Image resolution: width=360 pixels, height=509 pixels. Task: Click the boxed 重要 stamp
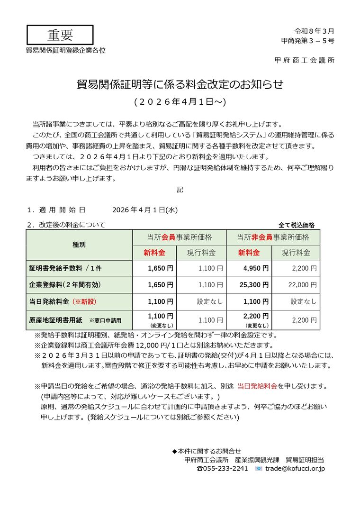coord(60,35)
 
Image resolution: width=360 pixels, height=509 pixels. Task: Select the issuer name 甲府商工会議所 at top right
coord(304,60)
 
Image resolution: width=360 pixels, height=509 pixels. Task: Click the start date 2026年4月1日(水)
coord(145,209)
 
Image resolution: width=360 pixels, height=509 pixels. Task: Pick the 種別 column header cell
coord(79,245)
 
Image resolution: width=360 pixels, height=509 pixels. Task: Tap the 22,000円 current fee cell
coord(296,285)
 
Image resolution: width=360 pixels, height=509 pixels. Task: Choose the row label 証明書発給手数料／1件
coord(65,268)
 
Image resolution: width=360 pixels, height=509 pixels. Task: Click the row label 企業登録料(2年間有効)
coord(65,285)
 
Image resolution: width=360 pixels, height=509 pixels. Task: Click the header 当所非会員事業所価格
coord(272,237)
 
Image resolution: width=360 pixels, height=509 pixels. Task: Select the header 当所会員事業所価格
coord(179,237)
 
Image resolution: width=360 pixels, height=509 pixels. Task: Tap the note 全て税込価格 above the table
coord(297,225)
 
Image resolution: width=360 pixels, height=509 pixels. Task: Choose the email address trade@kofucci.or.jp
coord(295,468)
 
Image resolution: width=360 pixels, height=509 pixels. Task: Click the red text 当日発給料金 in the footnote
coord(257,386)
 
